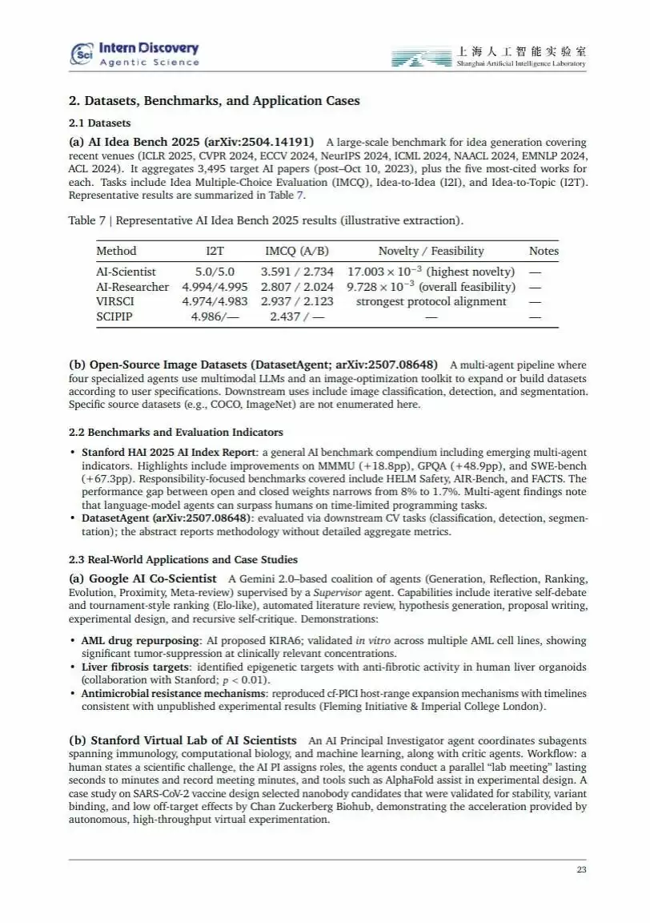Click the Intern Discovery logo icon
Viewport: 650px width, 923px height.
coord(82,54)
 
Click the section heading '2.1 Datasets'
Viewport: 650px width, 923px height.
coord(100,123)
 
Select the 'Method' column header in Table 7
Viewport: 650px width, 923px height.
coord(116,251)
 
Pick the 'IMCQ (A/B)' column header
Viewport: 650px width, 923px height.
coord(297,251)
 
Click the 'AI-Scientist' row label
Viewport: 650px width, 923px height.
coord(126,272)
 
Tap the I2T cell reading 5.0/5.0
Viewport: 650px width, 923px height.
coord(215,272)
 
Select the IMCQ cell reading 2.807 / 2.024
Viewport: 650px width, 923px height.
coord(297,287)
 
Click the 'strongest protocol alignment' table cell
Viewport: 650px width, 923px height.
coord(431,301)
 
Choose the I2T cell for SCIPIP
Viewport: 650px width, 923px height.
coord(215,316)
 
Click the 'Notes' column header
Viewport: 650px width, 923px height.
coord(544,251)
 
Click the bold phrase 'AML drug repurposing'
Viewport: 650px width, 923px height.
coord(140,641)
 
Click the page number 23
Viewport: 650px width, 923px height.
coord(581,871)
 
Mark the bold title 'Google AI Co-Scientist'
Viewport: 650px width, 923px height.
coord(152,578)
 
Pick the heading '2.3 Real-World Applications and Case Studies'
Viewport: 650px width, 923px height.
coord(183,559)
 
